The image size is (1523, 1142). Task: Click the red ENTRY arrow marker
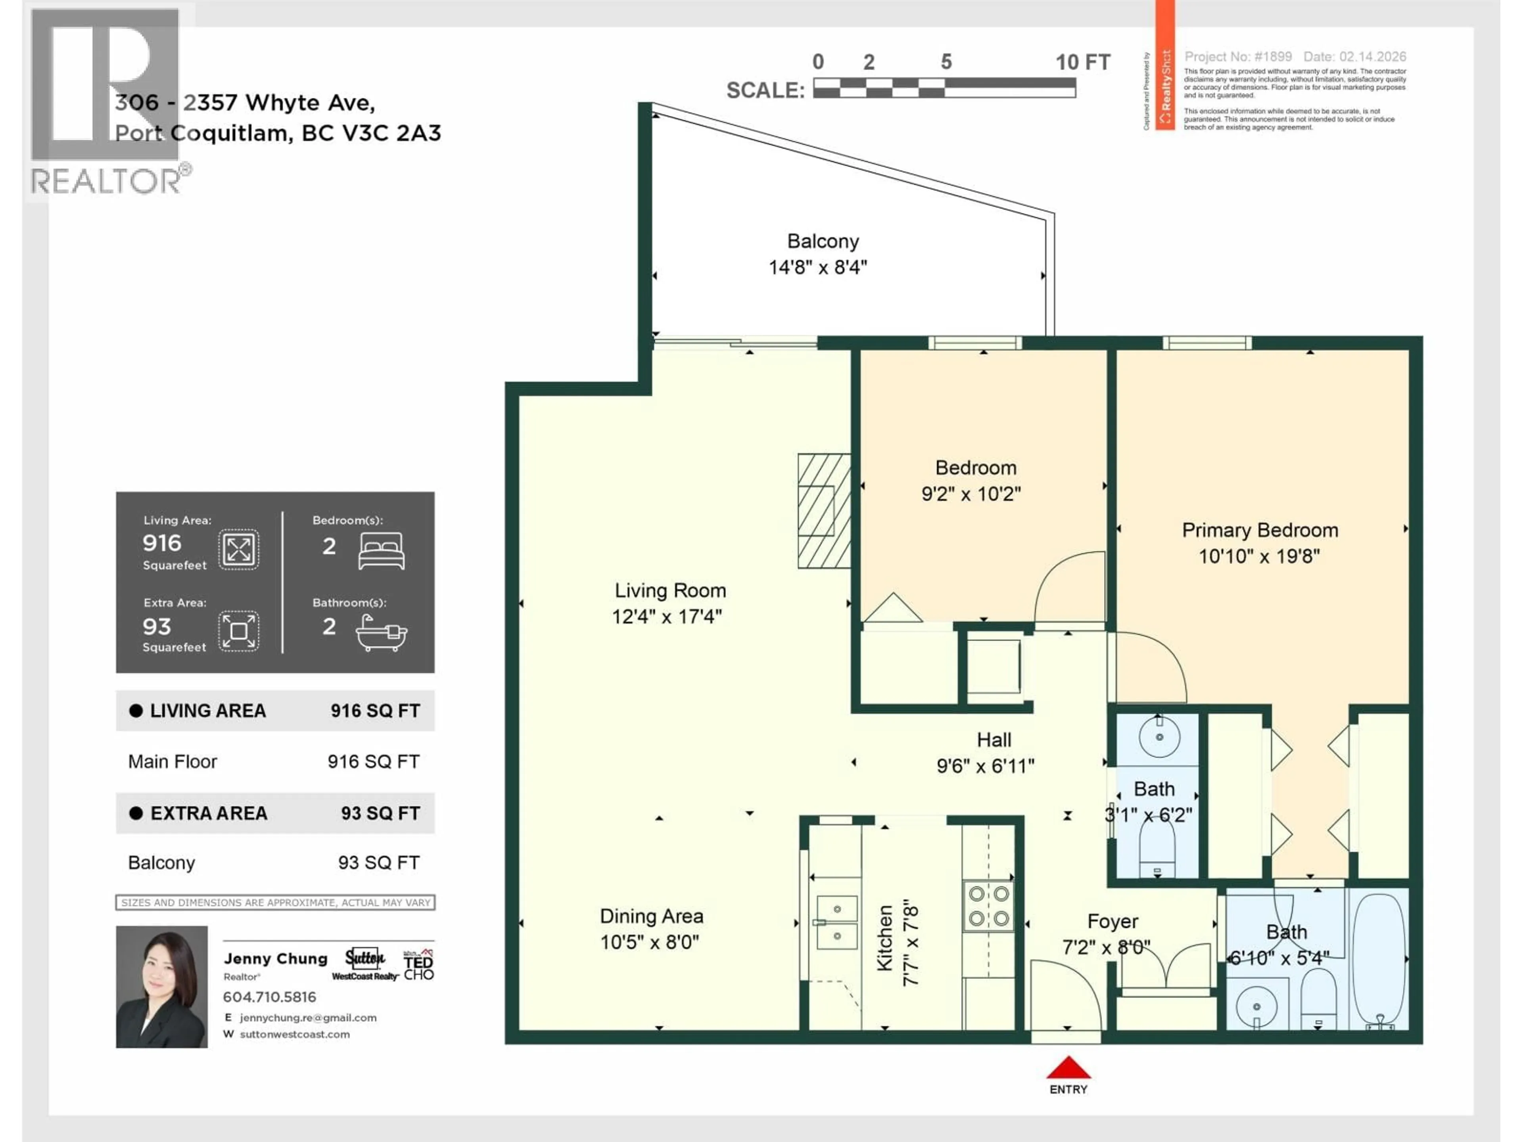point(1068,1068)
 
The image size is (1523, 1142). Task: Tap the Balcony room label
point(823,241)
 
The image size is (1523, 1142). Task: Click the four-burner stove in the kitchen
point(988,906)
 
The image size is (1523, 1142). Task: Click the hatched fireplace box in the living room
point(823,511)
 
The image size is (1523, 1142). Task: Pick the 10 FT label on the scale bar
point(1082,63)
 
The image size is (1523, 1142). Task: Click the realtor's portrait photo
point(162,987)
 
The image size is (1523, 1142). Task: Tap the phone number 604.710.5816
point(269,997)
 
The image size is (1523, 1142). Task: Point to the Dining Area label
point(651,916)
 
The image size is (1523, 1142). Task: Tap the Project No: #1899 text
point(1237,56)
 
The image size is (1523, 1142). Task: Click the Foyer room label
point(1112,921)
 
